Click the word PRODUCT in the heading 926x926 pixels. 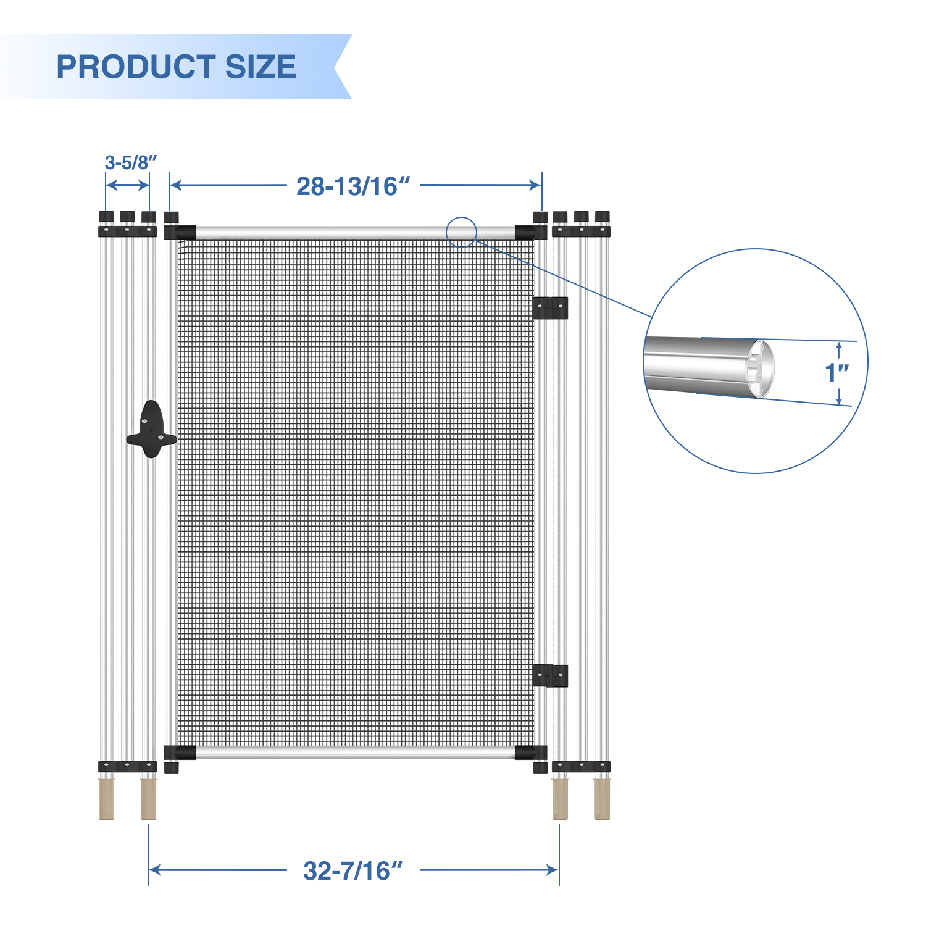point(136,67)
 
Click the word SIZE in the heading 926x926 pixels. point(261,67)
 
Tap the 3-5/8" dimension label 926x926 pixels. point(130,162)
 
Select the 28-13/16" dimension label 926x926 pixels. point(353,186)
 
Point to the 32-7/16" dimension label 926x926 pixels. point(353,870)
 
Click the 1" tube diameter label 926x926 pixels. point(836,372)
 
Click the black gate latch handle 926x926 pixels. point(151,430)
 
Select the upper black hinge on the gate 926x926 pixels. point(550,307)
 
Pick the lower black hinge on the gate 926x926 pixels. point(550,675)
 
